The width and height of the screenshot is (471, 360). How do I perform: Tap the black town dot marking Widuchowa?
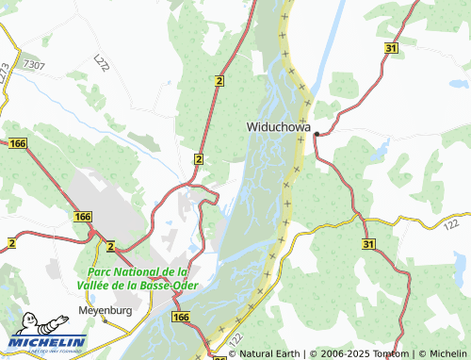point(317,133)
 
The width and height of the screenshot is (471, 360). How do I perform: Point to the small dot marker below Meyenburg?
point(105,319)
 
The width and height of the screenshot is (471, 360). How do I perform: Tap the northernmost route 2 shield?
point(219,82)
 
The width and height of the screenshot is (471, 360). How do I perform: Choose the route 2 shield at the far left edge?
point(10,243)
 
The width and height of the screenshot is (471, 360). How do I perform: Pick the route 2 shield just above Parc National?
point(110,246)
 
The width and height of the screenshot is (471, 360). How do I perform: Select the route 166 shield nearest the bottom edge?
point(181,319)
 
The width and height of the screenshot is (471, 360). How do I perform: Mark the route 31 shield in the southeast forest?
point(368,243)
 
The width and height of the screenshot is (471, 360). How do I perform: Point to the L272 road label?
point(102,62)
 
